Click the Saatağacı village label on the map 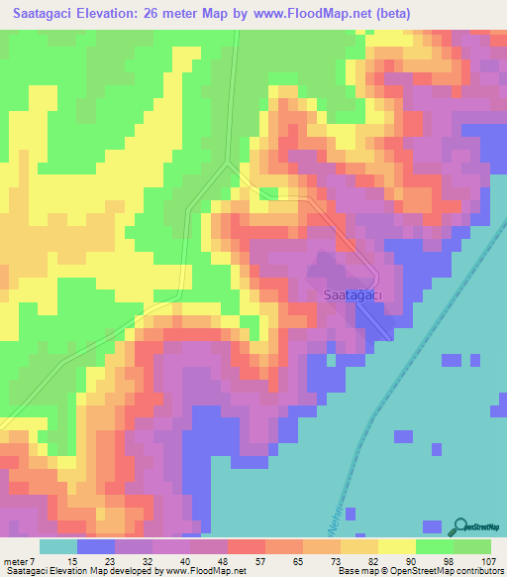(354, 294)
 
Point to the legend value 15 (58, 562)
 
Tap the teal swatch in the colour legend (57, 546)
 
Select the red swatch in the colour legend (246, 546)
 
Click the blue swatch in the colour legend (95, 546)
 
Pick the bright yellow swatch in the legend (396, 546)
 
